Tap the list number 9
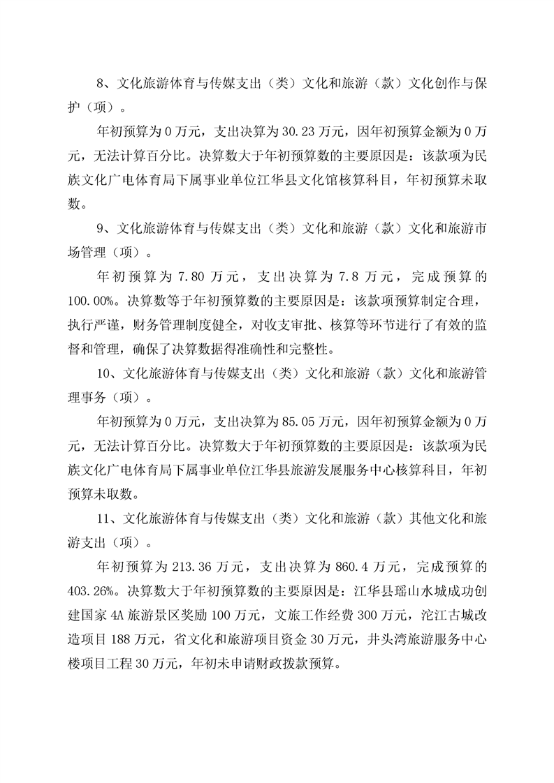[100, 228]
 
